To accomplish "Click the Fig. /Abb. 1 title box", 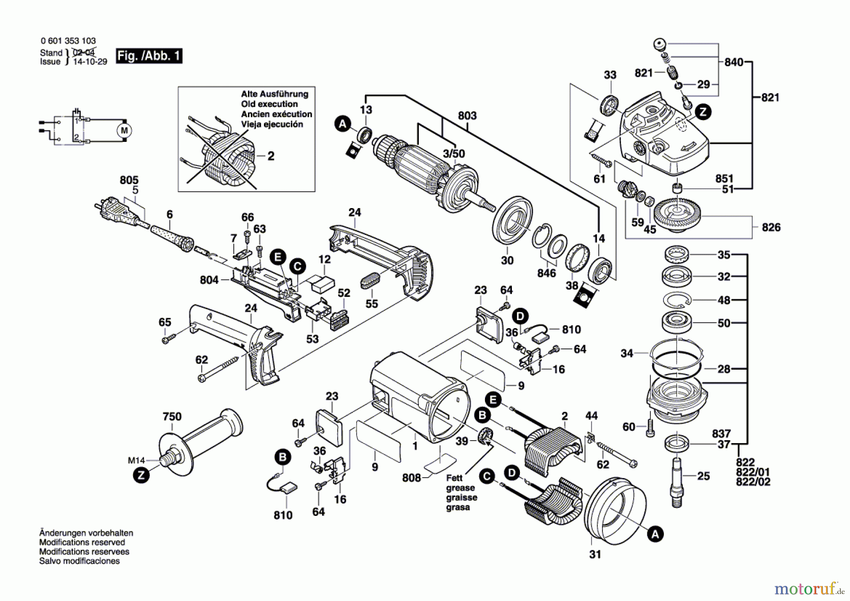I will click(x=149, y=56).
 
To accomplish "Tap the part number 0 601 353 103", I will click(x=68, y=41).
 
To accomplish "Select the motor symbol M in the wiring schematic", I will click(x=125, y=131).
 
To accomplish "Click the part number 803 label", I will click(x=467, y=116).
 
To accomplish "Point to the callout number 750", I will click(x=172, y=417).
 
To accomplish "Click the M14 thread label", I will click(x=136, y=460).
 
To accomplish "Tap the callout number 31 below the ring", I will click(x=595, y=554).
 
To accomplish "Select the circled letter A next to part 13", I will click(x=343, y=124).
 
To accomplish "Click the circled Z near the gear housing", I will click(x=703, y=112).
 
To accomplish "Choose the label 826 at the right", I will click(x=771, y=227).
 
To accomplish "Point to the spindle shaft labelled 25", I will click(x=676, y=480).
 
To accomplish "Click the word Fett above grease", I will click(x=454, y=478).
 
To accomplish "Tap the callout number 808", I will click(x=411, y=478).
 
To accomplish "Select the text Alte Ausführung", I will click(x=274, y=94).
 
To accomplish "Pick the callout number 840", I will click(x=734, y=62).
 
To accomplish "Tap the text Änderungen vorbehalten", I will click(x=86, y=533).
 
